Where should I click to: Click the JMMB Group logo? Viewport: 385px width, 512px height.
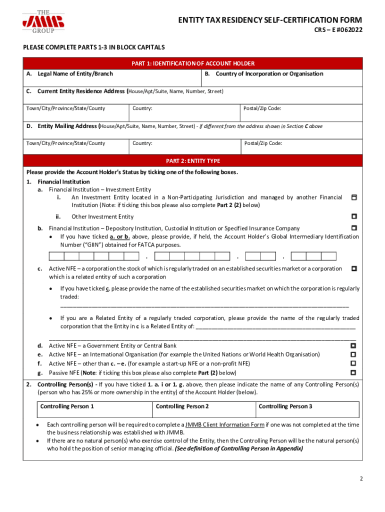pyautogui.click(x=43, y=21)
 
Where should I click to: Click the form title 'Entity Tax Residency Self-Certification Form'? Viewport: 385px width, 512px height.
pyautogui.click(x=270, y=20)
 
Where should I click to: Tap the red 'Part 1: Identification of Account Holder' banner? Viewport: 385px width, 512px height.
pyautogui.click(x=192, y=63)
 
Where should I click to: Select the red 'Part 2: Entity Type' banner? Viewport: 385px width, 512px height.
pyautogui.click(x=192, y=161)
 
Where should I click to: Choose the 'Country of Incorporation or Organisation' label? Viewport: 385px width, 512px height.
pyautogui.click(x=269, y=74)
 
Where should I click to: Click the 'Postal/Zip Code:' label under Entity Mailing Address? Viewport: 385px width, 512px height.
pyautogui.click(x=263, y=143)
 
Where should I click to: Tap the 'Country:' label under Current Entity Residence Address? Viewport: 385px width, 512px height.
pyautogui.click(x=142, y=108)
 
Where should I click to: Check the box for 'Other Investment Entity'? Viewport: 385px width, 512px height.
pyautogui.click(x=353, y=216)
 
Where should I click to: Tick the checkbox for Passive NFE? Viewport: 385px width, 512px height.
pyautogui.click(x=353, y=372)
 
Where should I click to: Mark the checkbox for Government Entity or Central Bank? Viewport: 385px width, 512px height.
pyautogui.click(x=353, y=345)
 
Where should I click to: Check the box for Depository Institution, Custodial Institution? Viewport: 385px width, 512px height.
pyautogui.click(x=353, y=228)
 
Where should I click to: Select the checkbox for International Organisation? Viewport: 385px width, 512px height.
pyautogui.click(x=353, y=354)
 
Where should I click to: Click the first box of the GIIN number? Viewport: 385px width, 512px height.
pyautogui.click(x=56, y=256)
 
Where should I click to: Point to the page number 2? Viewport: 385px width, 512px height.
pyautogui.click(x=361, y=479)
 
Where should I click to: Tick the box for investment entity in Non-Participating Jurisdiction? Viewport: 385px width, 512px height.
pyautogui.click(x=353, y=198)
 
